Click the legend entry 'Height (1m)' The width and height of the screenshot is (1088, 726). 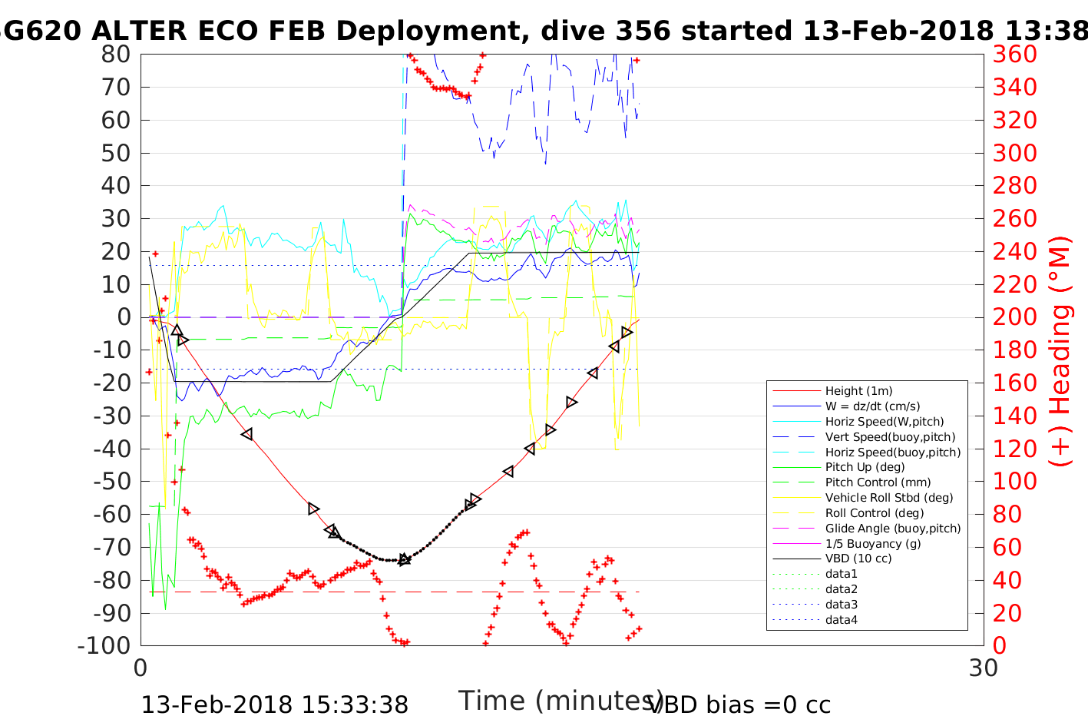point(858,391)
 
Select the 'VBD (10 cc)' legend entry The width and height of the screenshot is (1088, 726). point(858,559)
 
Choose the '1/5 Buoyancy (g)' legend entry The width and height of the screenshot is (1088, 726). point(873,543)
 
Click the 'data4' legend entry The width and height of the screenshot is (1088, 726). point(841,619)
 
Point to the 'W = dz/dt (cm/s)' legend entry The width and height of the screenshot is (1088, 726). point(872,406)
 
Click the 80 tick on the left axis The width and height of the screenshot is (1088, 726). point(116,55)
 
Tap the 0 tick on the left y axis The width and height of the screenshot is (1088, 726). point(123,317)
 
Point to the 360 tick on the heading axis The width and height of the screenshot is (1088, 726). point(1014,55)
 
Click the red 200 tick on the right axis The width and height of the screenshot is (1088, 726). point(1014,317)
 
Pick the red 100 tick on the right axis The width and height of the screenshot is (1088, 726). point(1014,482)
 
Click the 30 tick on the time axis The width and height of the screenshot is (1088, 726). point(984,668)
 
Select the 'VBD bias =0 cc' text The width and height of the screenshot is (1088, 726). point(739,704)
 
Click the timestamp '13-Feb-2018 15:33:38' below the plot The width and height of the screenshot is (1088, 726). point(275,704)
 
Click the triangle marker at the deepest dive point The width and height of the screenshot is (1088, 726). point(405,559)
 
